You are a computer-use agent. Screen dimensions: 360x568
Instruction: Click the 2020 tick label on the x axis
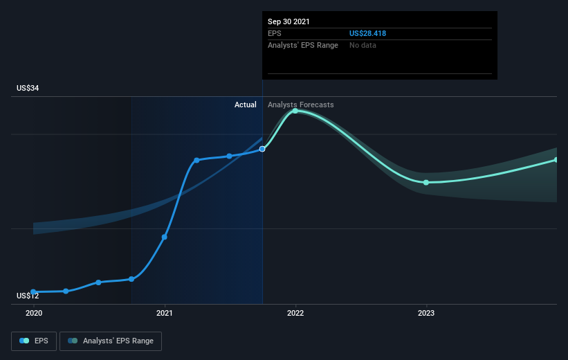pyautogui.click(x=33, y=313)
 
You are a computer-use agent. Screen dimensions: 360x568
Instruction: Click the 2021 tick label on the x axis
pyautogui.click(x=165, y=313)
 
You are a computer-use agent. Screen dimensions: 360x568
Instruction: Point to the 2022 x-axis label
pyautogui.click(x=295, y=313)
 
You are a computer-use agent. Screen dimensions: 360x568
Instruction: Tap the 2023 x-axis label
pyautogui.click(x=426, y=313)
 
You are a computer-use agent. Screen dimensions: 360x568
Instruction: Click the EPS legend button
pyautogui.click(x=34, y=341)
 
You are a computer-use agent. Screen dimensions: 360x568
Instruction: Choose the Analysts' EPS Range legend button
pyautogui.click(x=111, y=341)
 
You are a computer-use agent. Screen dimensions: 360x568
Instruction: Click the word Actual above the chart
pyautogui.click(x=245, y=105)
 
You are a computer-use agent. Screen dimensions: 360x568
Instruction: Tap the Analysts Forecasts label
pyautogui.click(x=300, y=105)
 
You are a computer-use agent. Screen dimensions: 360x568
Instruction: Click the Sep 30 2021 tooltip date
pyautogui.click(x=288, y=21)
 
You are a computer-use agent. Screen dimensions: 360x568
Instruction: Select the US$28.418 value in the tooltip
pyautogui.click(x=372, y=33)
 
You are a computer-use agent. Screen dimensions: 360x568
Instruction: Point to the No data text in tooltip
pyautogui.click(x=363, y=45)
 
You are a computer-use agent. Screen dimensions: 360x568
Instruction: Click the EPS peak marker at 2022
pyautogui.click(x=295, y=111)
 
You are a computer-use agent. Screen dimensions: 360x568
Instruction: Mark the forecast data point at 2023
pyautogui.click(x=426, y=183)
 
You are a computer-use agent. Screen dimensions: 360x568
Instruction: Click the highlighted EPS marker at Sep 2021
pyautogui.click(x=262, y=149)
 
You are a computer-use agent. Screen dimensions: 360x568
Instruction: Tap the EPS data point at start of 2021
pyautogui.click(x=165, y=237)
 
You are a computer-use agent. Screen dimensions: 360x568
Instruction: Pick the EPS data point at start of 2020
pyautogui.click(x=33, y=292)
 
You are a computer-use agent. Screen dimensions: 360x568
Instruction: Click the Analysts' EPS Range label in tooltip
pyautogui.click(x=303, y=45)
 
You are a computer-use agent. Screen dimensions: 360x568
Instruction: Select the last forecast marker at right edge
pyautogui.click(x=556, y=160)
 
